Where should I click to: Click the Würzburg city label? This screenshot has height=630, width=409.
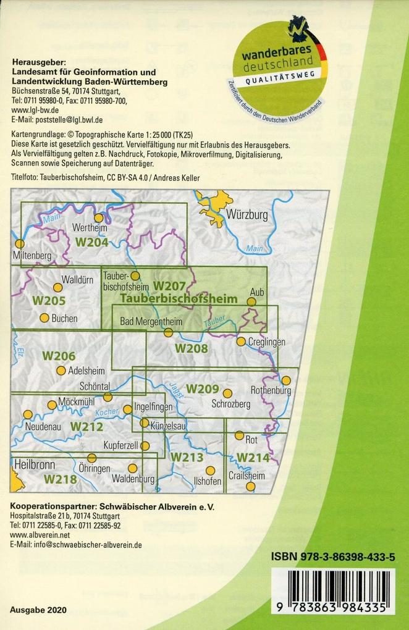click(247, 216)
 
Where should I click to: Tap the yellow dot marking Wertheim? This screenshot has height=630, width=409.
click(98, 217)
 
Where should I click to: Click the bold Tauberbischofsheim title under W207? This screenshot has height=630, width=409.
click(179, 298)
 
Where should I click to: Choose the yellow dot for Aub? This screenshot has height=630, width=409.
click(251, 301)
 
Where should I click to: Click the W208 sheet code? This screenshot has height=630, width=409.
click(191, 348)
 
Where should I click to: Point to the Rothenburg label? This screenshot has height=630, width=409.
click(271, 390)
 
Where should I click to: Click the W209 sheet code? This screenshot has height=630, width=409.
click(203, 389)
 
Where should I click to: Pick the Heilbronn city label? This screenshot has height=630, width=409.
click(35, 464)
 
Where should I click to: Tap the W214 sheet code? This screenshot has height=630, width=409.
click(253, 458)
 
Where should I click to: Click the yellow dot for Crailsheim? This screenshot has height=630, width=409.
click(250, 486)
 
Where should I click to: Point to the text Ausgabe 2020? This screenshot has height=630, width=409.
click(38, 609)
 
